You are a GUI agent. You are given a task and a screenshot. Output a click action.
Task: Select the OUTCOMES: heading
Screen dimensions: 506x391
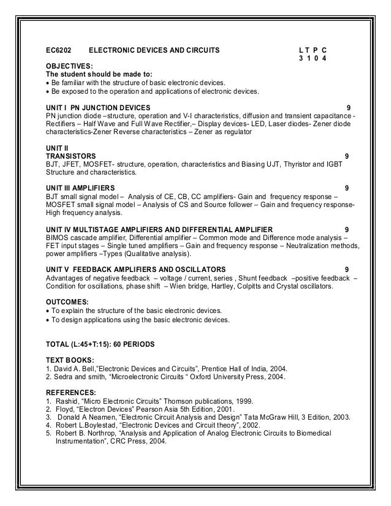click(67, 302)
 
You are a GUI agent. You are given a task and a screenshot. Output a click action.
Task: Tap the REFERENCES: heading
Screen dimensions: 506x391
click(71, 392)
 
